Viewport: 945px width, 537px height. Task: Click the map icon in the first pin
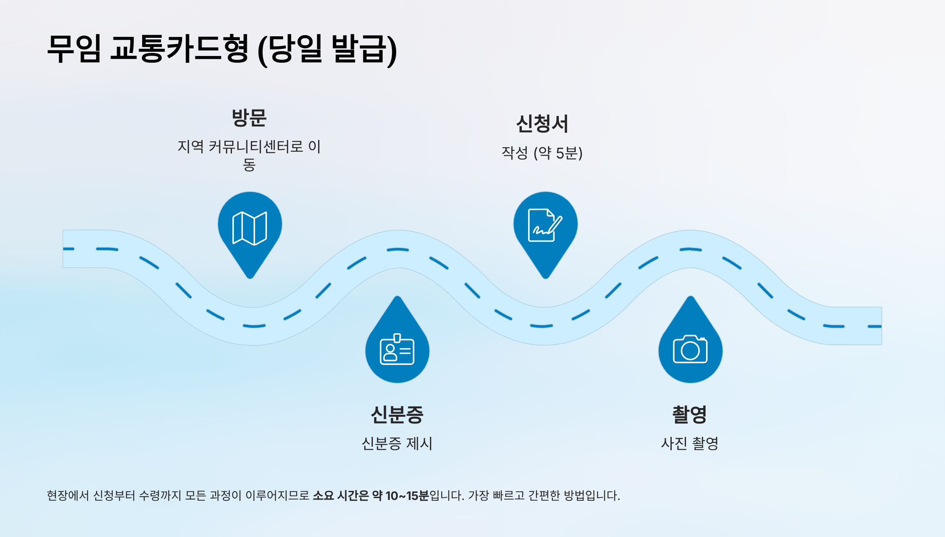[x=250, y=228]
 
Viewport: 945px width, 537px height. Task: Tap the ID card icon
[x=397, y=350]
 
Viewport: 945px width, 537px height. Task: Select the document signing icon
[x=545, y=225]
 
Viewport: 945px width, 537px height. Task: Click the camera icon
[x=690, y=349]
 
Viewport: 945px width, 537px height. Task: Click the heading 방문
[x=249, y=118]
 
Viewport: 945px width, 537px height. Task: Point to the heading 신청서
[x=542, y=124]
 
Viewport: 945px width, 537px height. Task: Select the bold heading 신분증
[x=397, y=415]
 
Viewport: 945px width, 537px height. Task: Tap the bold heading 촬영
[x=689, y=415]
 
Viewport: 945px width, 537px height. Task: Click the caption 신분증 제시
[x=397, y=444]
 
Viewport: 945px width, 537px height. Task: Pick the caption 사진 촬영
[x=689, y=444]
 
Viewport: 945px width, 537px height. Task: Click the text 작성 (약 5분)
[x=542, y=153]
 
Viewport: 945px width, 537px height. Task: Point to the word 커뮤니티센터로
[x=256, y=147]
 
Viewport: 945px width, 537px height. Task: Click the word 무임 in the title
[x=74, y=49]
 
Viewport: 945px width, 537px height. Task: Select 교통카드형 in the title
[x=179, y=49]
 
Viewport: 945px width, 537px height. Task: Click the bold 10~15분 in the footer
[x=407, y=496]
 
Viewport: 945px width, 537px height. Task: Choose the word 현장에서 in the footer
[x=68, y=496]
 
